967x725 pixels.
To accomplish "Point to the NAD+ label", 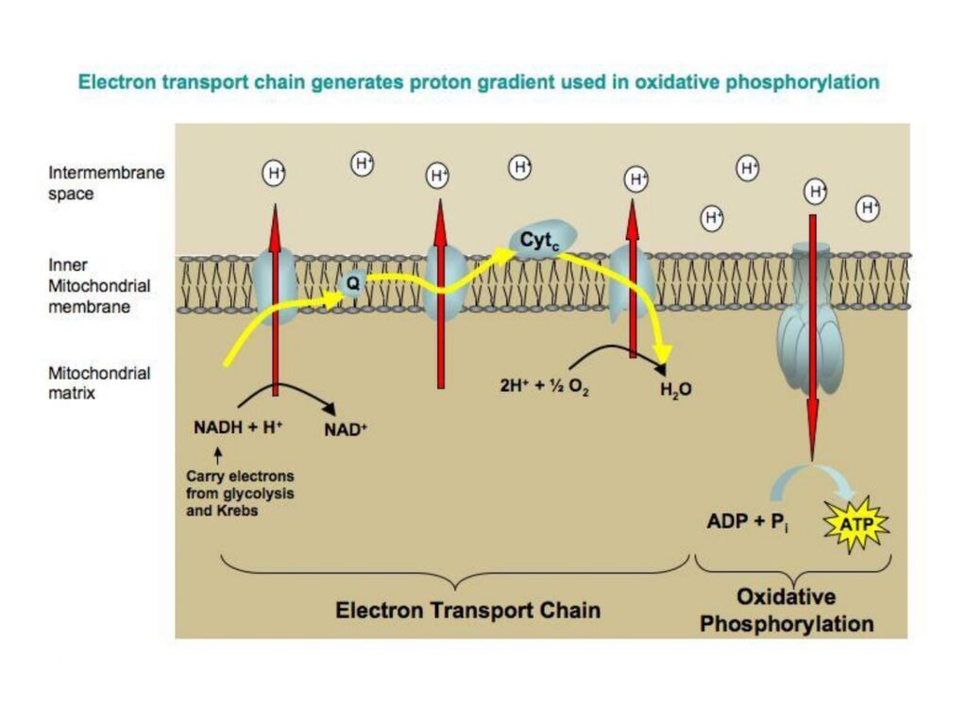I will (346, 428).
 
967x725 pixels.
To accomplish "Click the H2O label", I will (675, 388).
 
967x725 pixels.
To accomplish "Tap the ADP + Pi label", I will (748, 521).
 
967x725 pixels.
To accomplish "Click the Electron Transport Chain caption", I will (467, 610).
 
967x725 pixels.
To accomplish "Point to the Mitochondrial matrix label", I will (99, 382).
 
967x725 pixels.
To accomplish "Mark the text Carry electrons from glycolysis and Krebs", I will (240, 492).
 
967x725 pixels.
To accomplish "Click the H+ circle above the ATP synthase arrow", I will (816, 192).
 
